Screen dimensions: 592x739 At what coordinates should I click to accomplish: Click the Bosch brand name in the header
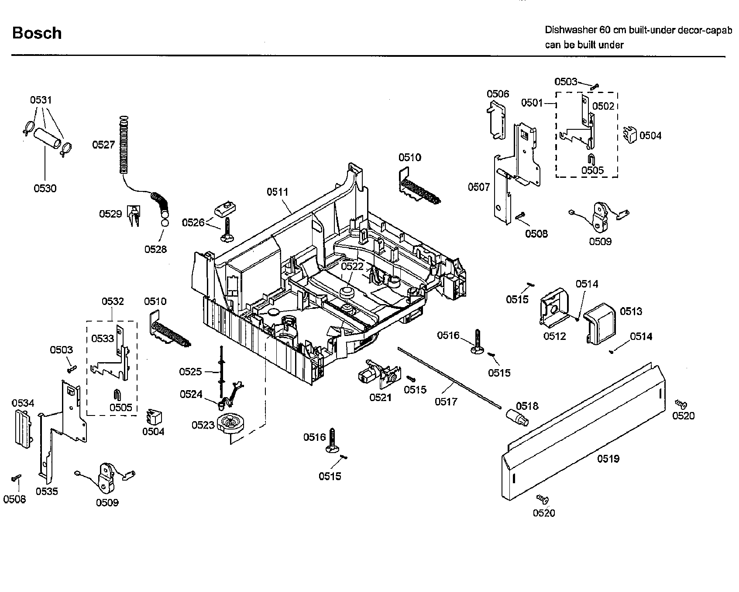(37, 33)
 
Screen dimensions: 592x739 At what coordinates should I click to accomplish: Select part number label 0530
(45, 188)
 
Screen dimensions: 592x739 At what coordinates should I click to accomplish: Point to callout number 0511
(278, 191)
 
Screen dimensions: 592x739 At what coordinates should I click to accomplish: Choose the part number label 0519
(608, 458)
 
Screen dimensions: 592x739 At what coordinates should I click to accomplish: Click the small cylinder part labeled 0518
(516, 417)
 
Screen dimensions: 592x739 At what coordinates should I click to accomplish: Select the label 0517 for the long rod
(446, 401)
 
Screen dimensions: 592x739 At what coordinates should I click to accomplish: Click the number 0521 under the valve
(380, 397)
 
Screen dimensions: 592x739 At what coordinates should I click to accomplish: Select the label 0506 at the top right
(498, 93)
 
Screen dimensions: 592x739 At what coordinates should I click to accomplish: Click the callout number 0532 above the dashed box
(113, 301)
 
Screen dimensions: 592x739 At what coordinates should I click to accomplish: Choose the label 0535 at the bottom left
(47, 491)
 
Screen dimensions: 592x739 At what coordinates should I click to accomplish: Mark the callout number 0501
(532, 103)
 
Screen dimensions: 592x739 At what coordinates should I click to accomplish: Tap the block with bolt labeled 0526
(225, 208)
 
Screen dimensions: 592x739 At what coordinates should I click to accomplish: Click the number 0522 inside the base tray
(352, 266)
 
